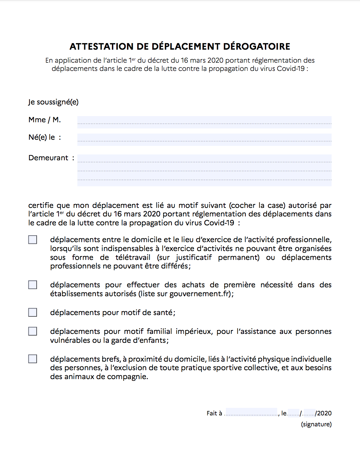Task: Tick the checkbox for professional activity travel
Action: tap(33, 240)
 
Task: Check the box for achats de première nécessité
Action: tap(33, 285)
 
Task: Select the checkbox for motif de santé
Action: tap(33, 312)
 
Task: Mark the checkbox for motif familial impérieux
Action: tap(33, 331)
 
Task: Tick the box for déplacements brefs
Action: tap(33, 359)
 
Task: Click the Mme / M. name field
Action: tap(204, 122)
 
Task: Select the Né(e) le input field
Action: tap(204, 139)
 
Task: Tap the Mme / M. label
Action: tap(44, 120)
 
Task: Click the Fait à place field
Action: tap(251, 412)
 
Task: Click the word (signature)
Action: tap(316, 424)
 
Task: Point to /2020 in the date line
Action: tap(324, 413)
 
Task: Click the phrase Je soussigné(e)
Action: tap(53, 102)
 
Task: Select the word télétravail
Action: tap(133, 258)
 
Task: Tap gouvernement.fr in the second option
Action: tap(200, 294)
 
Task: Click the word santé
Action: tap(163, 313)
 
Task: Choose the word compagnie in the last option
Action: tap(127, 377)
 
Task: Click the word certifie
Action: tap(41, 205)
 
